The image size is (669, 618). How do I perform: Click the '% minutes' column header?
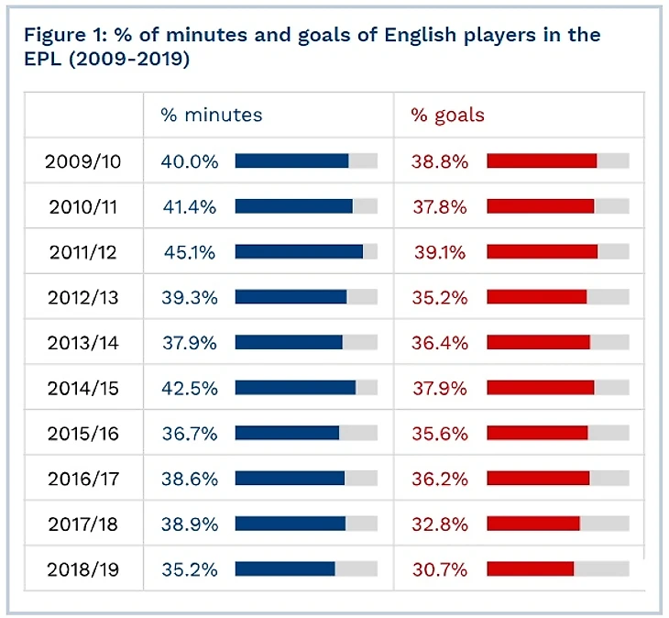(x=212, y=116)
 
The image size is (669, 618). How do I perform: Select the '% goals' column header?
(x=447, y=116)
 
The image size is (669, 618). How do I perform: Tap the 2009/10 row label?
(x=83, y=161)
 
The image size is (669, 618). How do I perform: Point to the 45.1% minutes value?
(x=190, y=252)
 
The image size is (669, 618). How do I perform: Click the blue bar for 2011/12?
(x=299, y=252)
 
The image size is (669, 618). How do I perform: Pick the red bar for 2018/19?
(x=530, y=569)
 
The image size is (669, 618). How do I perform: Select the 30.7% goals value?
(x=439, y=569)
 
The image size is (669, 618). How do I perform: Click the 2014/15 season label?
(x=83, y=388)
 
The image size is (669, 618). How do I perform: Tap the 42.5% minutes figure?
(x=190, y=388)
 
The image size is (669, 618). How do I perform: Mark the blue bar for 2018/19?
(x=285, y=569)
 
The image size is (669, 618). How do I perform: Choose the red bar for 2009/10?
(x=542, y=161)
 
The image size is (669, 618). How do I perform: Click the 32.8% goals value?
(x=439, y=524)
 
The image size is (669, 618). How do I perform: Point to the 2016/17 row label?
(x=83, y=479)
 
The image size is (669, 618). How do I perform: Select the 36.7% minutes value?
(x=190, y=434)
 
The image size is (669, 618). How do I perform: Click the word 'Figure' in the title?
(x=54, y=36)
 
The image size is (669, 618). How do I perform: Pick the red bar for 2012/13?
(x=536, y=297)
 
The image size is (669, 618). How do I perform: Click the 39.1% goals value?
(x=439, y=252)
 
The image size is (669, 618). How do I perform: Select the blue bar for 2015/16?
(x=287, y=434)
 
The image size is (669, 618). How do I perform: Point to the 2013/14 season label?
(x=83, y=343)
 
